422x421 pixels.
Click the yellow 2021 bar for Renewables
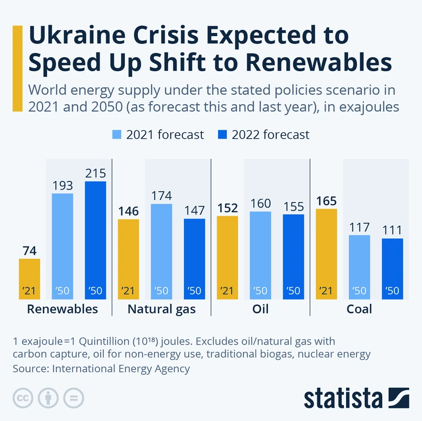[29, 279]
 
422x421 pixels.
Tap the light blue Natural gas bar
[161, 251]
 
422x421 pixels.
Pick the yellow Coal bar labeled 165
[327, 254]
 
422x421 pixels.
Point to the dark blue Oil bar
[294, 257]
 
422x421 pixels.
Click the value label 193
[62, 186]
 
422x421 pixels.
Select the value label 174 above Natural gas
[161, 196]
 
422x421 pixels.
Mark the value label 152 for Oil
[227, 208]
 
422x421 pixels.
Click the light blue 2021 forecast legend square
[117, 135]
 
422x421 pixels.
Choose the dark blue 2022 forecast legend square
[222, 135]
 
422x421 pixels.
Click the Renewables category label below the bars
[62, 309]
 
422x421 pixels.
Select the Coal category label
[359, 309]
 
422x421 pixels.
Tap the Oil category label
[260, 309]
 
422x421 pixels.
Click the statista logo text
[343, 398]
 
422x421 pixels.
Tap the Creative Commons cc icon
[22, 398]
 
